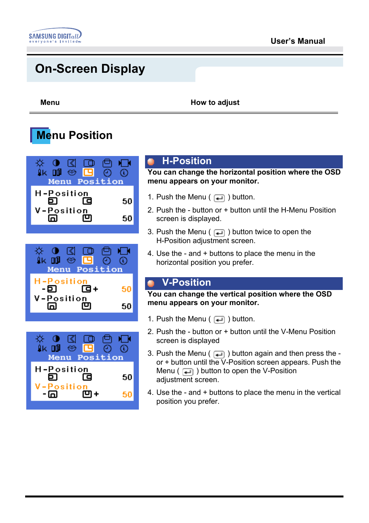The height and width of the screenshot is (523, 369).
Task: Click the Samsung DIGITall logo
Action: pyautogui.click(x=55, y=36)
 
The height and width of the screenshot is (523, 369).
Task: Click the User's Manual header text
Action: pyautogui.click(x=297, y=41)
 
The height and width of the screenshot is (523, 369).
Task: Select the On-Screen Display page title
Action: pyautogui.click(x=90, y=69)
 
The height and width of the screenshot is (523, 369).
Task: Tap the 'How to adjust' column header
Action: pyautogui.click(x=215, y=103)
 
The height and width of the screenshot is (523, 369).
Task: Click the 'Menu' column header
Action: pyautogui.click(x=50, y=103)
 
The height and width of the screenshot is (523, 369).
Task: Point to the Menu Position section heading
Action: pyautogui.click(x=74, y=135)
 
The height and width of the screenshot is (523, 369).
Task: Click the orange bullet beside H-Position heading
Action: pyautogui.click(x=151, y=162)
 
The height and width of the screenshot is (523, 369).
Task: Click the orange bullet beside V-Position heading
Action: pyautogui.click(x=151, y=283)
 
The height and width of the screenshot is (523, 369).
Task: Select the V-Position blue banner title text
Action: pyautogui.click(x=186, y=283)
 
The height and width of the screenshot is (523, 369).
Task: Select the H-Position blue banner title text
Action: pyautogui.click(x=186, y=161)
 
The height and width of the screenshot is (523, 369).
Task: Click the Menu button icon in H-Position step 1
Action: pyautogui.click(x=219, y=198)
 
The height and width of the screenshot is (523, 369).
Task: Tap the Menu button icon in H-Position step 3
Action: pyautogui.click(x=219, y=233)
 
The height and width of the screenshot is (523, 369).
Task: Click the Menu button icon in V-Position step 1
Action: pyautogui.click(x=219, y=320)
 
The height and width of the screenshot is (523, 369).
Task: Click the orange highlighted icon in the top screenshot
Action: pyautogui.click(x=89, y=172)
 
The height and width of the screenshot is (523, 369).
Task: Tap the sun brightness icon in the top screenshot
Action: pyautogui.click(x=40, y=163)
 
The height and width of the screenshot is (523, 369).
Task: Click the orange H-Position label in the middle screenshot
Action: pyautogui.click(x=61, y=281)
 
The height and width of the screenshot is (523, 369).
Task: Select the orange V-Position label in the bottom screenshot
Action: pyautogui.click(x=61, y=386)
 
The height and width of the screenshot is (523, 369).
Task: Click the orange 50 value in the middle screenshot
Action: pyautogui.click(x=126, y=289)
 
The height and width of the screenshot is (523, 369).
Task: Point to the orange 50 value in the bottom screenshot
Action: pyautogui.click(x=127, y=394)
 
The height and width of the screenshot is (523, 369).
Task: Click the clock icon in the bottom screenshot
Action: pyautogui.click(x=107, y=348)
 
